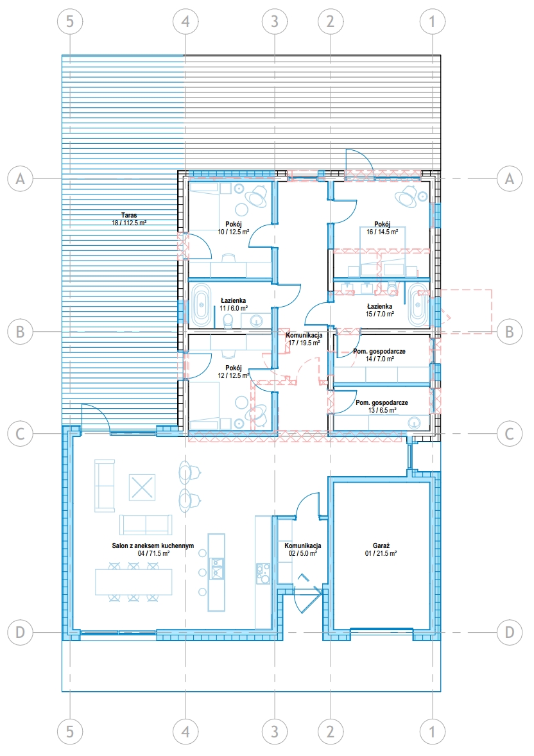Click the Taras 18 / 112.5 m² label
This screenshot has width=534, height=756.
pos(129,219)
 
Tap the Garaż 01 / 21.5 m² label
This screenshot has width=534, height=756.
pos(381,549)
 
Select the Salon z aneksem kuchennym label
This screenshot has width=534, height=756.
pos(153,546)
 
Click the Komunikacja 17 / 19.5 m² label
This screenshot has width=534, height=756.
pos(304,339)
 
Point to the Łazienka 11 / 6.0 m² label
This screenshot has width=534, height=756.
pos(234,304)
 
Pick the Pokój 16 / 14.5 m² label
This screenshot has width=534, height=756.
pos(382,228)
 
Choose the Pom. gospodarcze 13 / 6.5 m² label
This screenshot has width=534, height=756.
pos(382,406)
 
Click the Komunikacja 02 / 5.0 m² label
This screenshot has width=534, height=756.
pos(302,549)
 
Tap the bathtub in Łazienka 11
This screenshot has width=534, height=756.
pos(200,305)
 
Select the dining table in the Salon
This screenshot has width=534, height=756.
pos(133,582)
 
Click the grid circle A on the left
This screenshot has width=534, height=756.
pos(21,179)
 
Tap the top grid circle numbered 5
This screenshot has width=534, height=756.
pos(70,21)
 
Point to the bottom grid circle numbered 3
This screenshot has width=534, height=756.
pos(275,732)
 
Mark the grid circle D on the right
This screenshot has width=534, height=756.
pos(510,632)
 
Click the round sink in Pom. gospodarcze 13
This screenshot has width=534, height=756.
pos(413,423)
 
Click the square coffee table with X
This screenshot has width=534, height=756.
pos(142,487)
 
